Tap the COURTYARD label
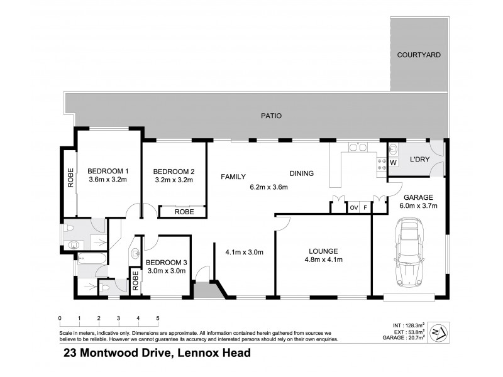418,55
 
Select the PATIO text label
272,116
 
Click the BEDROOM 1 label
108,171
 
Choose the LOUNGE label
324,250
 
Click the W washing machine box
394,162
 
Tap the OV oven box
353,207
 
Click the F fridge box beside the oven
365,207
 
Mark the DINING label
301,173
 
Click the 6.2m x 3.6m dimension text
268,187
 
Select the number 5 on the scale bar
157,318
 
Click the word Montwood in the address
112,353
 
